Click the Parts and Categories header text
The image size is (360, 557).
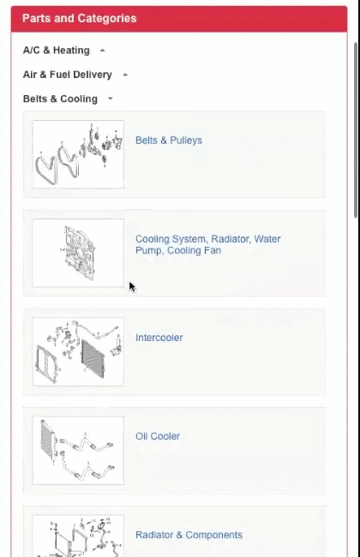(x=79, y=18)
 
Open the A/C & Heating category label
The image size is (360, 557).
(x=56, y=51)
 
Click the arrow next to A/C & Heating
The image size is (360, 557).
(x=103, y=51)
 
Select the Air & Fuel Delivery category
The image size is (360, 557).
(x=67, y=75)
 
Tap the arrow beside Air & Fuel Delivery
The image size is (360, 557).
(x=125, y=75)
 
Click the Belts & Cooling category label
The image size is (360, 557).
(x=60, y=99)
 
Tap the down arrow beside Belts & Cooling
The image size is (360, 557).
(x=111, y=99)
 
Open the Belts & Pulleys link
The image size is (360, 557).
(x=169, y=141)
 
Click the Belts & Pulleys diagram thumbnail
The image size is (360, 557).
(x=78, y=154)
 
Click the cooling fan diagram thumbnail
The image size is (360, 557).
(x=78, y=253)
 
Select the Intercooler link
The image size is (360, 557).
(x=159, y=338)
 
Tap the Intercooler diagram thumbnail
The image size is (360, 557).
(x=78, y=352)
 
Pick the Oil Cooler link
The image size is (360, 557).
(x=158, y=436)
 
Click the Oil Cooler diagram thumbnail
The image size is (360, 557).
(x=78, y=451)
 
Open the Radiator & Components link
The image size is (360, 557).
(x=189, y=535)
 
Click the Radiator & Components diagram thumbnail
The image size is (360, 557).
(x=78, y=538)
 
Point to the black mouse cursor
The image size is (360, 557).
(x=132, y=286)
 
